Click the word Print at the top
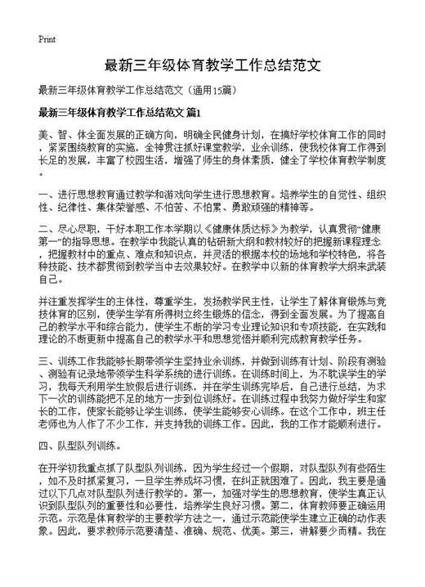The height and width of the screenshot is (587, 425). pyautogui.click(x=47, y=39)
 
